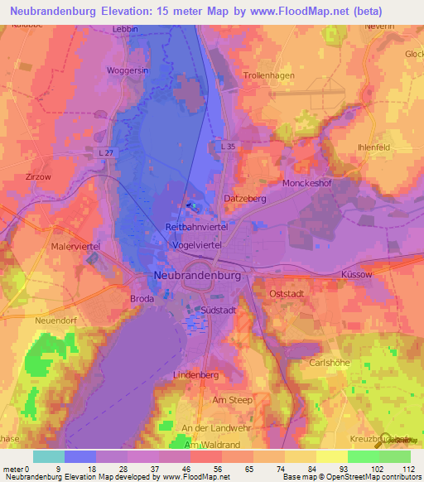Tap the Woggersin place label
(127, 71)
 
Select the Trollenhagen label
(269, 75)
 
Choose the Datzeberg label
(244, 199)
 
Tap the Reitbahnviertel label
(202, 226)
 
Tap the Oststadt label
(289, 294)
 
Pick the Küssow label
(358, 273)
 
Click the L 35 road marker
(229, 146)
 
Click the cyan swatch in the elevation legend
(49, 456)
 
